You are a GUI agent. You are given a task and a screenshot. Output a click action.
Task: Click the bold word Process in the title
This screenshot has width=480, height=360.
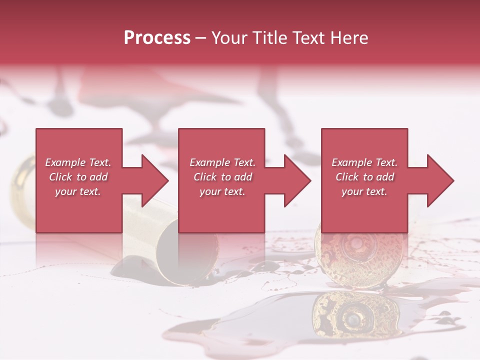tap(157, 38)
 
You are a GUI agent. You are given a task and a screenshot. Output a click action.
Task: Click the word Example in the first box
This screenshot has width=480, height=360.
tap(65, 162)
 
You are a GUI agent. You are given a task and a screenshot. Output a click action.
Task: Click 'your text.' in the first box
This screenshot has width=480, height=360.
tap(78, 191)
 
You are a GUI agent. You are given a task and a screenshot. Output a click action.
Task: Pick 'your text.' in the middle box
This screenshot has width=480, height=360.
tap(222, 191)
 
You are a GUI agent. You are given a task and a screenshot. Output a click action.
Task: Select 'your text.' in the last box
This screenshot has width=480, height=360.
tap(364, 191)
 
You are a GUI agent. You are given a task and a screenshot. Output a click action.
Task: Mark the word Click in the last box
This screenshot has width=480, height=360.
tap(347, 177)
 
